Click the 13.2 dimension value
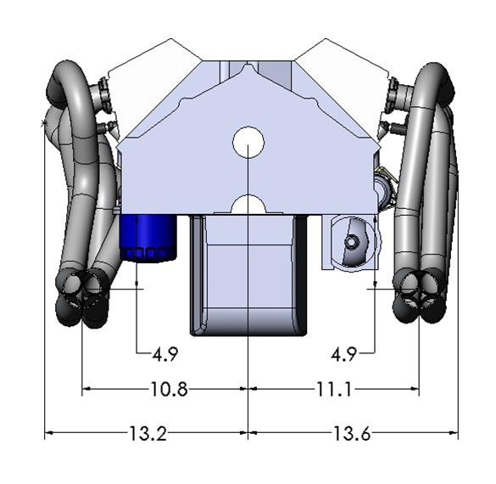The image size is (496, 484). pos(147,434)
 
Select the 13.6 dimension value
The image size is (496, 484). pos(351,434)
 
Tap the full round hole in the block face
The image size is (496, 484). pos(248,140)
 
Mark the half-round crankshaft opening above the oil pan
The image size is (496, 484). pos(248,205)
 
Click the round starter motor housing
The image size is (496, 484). pos(351,243)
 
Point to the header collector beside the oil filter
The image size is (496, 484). pos(82,297)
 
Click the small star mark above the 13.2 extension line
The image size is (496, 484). pos(44,125)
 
